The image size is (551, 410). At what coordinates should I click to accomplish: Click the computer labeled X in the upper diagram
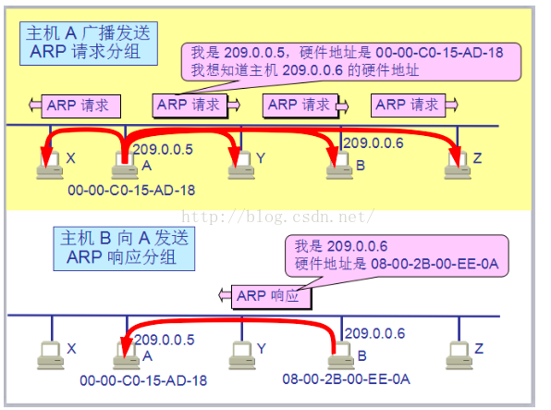tap(50, 166)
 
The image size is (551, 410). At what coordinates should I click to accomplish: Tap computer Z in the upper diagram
tap(458, 166)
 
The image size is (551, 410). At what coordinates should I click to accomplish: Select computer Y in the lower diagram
tap(242, 355)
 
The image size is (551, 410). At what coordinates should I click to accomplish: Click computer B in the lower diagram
tap(341, 355)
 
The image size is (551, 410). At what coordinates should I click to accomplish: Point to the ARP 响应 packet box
tap(271, 297)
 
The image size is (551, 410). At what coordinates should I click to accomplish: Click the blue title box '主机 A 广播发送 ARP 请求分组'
tap(89, 43)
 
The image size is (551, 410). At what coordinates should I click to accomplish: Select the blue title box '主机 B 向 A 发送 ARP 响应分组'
tap(124, 248)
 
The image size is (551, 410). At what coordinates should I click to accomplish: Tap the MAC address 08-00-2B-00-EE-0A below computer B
tap(346, 379)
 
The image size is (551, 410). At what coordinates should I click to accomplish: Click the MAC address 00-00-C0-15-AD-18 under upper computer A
tap(131, 190)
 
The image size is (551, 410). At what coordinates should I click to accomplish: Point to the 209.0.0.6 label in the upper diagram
tap(373, 143)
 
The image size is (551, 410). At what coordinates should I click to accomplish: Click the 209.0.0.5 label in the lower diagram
tap(165, 340)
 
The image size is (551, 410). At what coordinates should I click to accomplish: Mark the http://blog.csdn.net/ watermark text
tap(277, 217)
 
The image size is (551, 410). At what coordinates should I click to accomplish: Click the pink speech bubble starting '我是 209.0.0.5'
tap(351, 62)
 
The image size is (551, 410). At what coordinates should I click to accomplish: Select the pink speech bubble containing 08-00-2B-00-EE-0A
tap(397, 255)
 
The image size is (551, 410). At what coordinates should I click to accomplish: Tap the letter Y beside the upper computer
tap(261, 158)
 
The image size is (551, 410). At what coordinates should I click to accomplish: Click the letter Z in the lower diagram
tap(479, 349)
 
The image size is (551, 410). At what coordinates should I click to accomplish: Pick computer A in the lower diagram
tap(126, 355)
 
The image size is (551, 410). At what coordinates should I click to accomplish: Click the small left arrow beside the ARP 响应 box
tap(225, 295)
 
